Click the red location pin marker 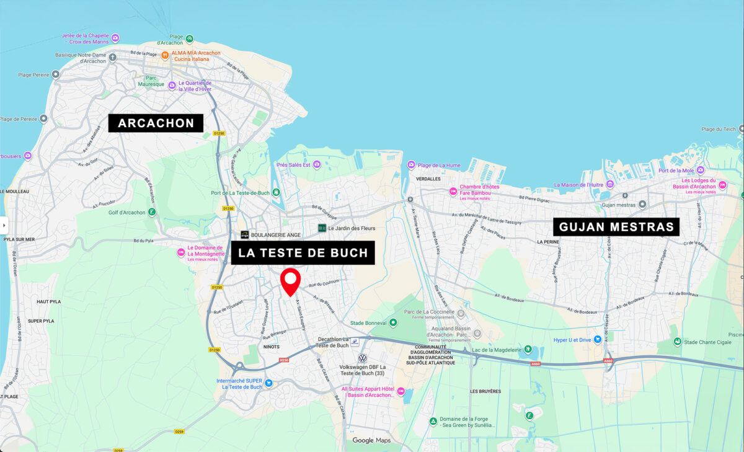point(290,281)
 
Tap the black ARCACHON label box point(156,123)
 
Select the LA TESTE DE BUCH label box point(303,253)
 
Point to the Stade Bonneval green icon point(393,323)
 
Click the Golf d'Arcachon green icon point(152,213)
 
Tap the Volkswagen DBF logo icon point(363,358)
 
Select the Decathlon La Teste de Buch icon point(355,342)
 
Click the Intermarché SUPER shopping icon point(268,383)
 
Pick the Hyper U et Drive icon point(598,340)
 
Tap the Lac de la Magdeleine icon point(528,350)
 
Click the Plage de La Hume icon point(410,165)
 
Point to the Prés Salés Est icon point(317,164)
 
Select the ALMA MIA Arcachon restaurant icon point(165,56)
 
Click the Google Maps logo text point(371,441)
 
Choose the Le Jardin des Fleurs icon point(322,228)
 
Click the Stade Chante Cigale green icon point(678,342)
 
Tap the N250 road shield point(284,359)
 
